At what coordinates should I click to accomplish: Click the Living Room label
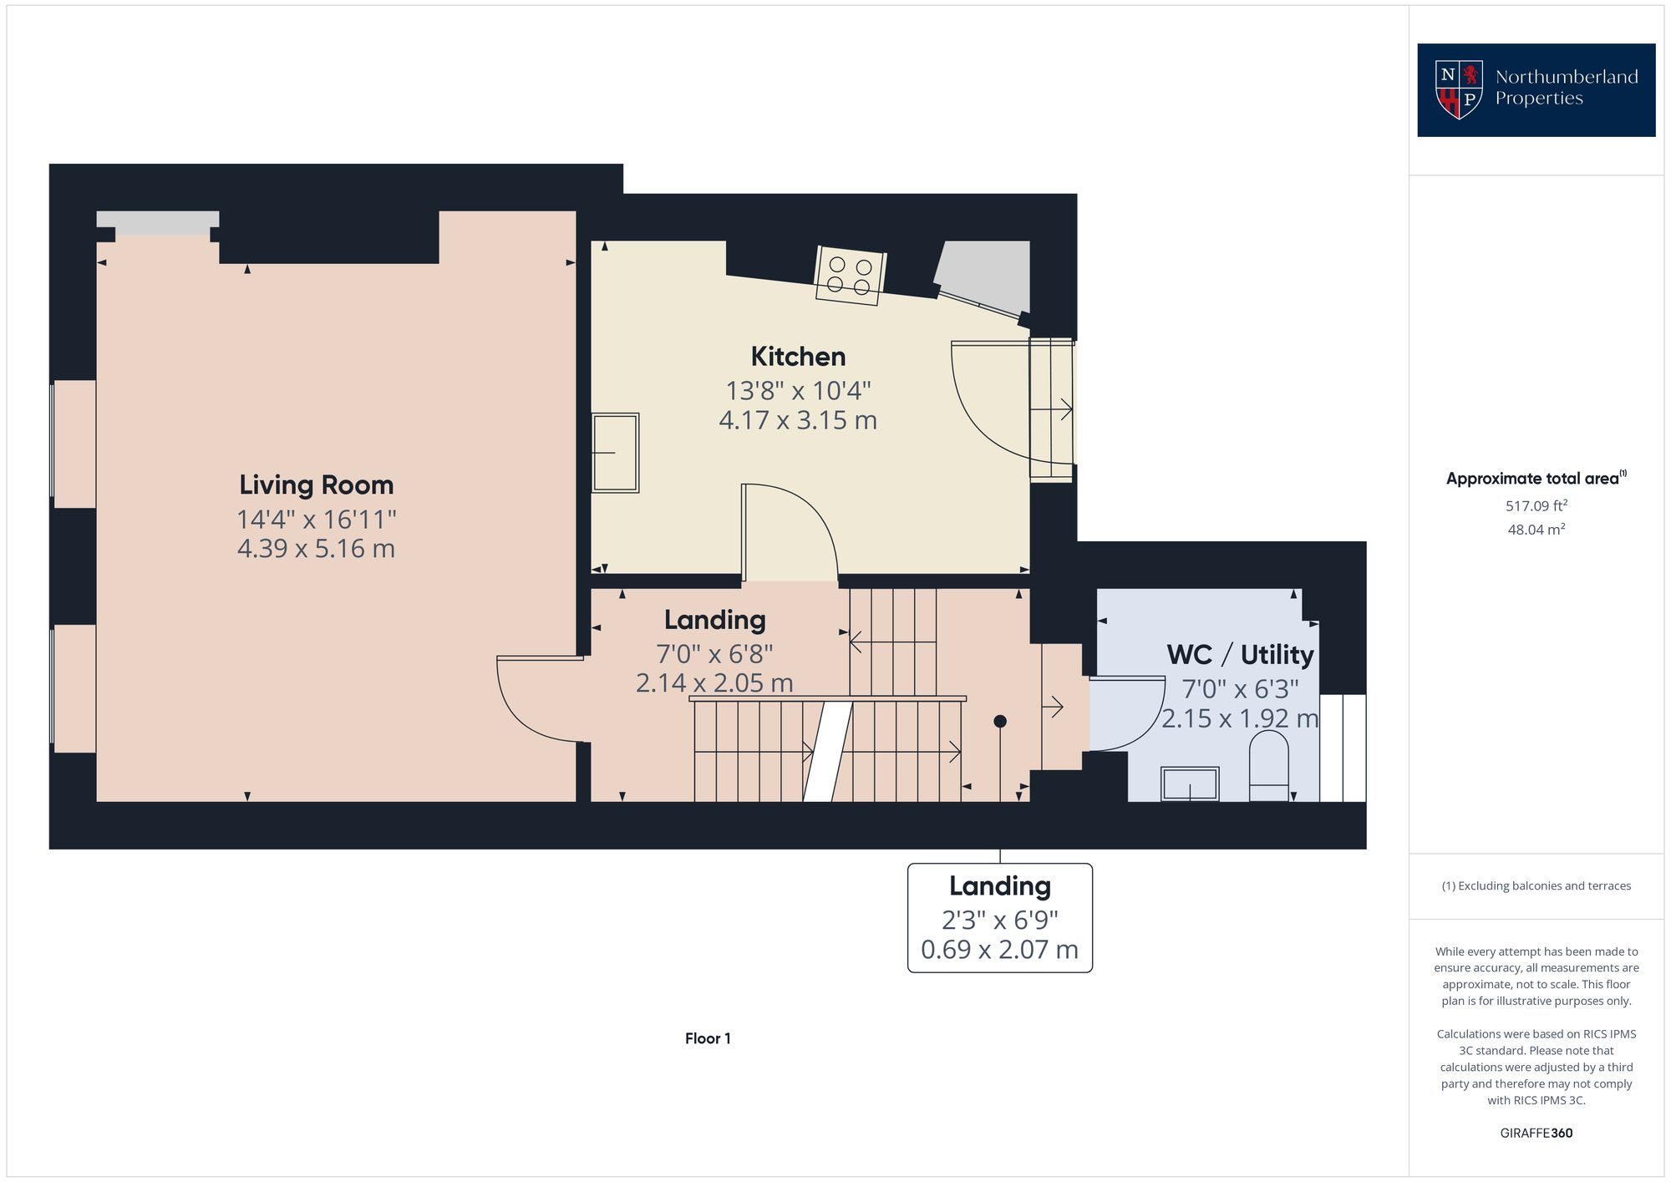pyautogui.click(x=316, y=484)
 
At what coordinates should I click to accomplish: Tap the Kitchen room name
pyautogui.click(x=798, y=357)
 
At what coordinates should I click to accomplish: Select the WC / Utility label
pyautogui.click(x=1240, y=654)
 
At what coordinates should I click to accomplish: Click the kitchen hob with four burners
pyautogui.click(x=850, y=276)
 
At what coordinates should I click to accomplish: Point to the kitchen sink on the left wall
pyautogui.click(x=616, y=452)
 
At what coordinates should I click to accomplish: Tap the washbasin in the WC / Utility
pyautogui.click(x=1190, y=784)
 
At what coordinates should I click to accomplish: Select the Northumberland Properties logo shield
pyautogui.click(x=1459, y=89)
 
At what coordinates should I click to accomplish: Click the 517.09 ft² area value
pyautogui.click(x=1536, y=505)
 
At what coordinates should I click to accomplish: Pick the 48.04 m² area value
pyautogui.click(x=1536, y=530)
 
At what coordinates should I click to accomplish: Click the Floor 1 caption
pyautogui.click(x=708, y=1038)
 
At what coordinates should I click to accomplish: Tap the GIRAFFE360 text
pyautogui.click(x=1536, y=1133)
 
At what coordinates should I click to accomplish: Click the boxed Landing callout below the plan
pyautogui.click(x=999, y=917)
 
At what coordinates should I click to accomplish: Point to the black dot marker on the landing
pyautogui.click(x=1000, y=721)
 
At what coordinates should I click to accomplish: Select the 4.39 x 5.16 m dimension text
pyautogui.click(x=316, y=549)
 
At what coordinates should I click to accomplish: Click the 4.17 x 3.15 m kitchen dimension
pyautogui.click(x=798, y=419)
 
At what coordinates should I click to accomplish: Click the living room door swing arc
pyautogui.click(x=526, y=710)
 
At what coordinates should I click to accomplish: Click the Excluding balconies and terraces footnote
pyautogui.click(x=1536, y=885)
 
